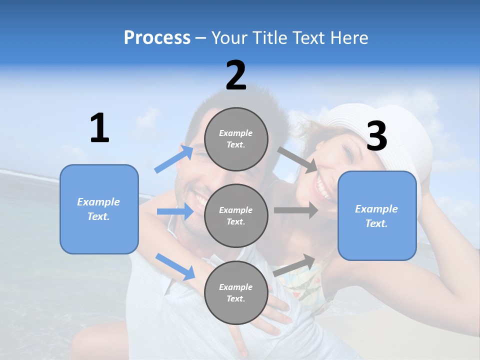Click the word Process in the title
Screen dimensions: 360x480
coord(157,38)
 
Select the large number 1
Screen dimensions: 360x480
coord(99,128)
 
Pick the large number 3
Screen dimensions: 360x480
coord(376,136)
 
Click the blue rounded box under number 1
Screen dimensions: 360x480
coord(99,209)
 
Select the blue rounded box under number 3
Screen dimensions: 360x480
coord(377,216)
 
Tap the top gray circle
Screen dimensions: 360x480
coord(236,139)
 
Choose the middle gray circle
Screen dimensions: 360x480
coord(236,215)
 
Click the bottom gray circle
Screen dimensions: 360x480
coord(236,292)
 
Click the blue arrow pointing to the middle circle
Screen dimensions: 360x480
coord(175,211)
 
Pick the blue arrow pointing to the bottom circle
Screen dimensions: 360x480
coord(175,266)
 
